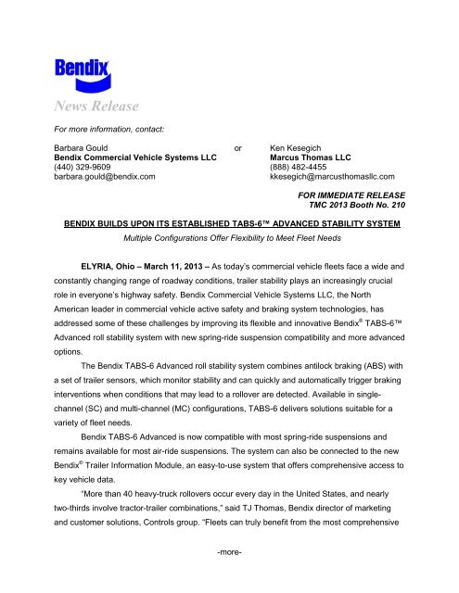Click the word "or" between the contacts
[x=239, y=146]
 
